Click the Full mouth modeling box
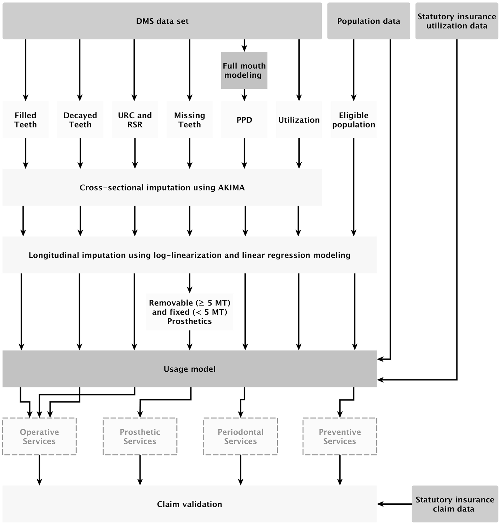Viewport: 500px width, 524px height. [x=244, y=70]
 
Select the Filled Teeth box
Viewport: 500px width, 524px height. [x=26, y=120]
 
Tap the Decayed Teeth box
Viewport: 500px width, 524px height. [x=80, y=120]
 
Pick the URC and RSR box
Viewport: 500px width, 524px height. [x=135, y=120]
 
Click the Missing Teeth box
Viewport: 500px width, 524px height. [x=189, y=120]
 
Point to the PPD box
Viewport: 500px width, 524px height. [x=244, y=120]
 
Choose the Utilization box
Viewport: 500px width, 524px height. [x=299, y=120]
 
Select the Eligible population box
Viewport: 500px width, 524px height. [x=353, y=120]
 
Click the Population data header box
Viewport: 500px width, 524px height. [x=368, y=21]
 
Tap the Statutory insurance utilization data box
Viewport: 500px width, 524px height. [x=456, y=21]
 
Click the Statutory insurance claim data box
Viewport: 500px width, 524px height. [x=455, y=504]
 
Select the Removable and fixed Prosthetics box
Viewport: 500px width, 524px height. [x=189, y=312]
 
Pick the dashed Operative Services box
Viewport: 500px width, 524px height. [x=39, y=436]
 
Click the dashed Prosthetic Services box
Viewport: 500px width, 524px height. [x=140, y=436]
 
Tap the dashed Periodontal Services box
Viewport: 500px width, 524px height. [x=240, y=436]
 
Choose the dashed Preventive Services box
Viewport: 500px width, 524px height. [x=340, y=436]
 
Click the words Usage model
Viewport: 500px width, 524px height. [x=189, y=369]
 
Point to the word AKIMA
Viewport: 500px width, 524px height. [x=231, y=188]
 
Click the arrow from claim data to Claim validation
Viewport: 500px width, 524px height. [x=395, y=504]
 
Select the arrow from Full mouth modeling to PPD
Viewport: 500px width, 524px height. [x=244, y=95]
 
